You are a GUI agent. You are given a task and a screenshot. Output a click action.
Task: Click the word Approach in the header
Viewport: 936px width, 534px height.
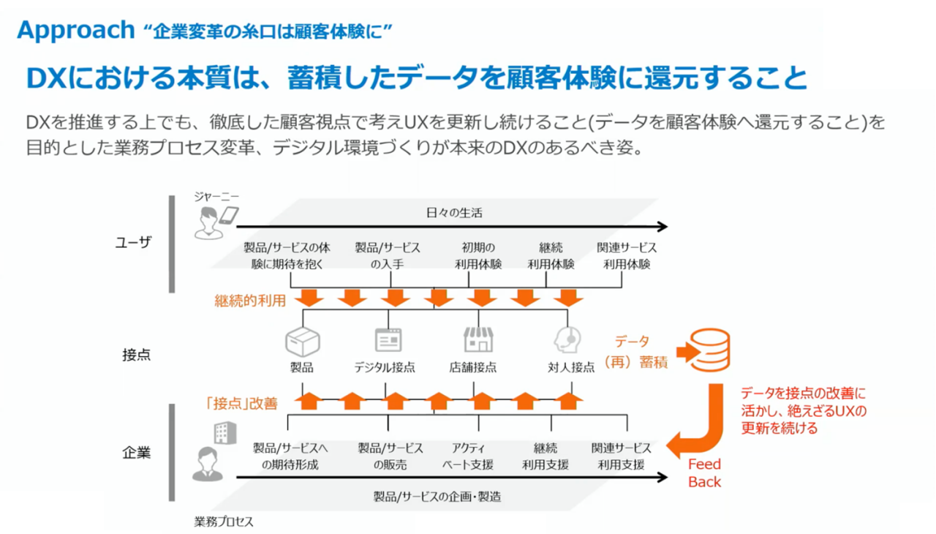[75, 30]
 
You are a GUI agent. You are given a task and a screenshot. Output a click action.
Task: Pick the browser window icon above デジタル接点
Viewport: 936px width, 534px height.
[388, 341]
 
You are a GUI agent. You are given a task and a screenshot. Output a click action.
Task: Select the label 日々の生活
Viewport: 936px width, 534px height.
[453, 213]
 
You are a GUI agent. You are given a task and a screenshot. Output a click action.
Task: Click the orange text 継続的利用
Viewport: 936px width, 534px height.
[249, 301]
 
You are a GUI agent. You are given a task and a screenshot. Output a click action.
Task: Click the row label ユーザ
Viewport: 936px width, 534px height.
[133, 243]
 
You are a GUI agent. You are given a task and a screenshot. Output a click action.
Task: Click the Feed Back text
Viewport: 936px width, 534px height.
[704, 473]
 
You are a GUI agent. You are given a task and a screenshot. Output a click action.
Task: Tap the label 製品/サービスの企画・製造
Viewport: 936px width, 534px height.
[437, 496]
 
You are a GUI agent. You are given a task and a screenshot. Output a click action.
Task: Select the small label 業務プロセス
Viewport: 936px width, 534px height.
[223, 522]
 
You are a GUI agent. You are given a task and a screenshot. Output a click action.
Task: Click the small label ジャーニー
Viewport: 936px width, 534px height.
[216, 196]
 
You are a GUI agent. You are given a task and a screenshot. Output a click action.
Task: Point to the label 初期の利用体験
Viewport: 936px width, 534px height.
[481, 256]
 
